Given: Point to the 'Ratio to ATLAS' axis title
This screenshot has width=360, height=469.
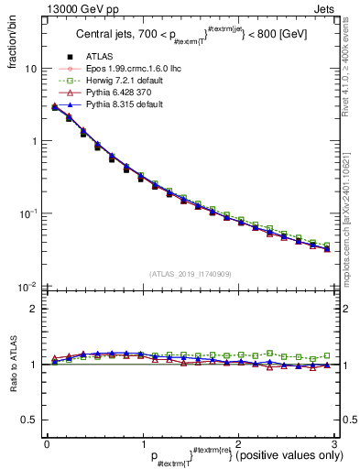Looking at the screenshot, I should pyautogui.click(x=14, y=366).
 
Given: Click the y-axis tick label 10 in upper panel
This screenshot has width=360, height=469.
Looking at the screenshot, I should pyautogui.click(x=31, y=70).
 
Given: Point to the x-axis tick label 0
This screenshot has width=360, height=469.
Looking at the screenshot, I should pyautogui.click(x=47, y=444).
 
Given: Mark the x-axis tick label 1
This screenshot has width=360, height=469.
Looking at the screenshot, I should pyautogui.click(x=142, y=444).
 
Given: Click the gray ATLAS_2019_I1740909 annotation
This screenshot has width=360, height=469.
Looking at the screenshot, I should pyautogui.click(x=190, y=274).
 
